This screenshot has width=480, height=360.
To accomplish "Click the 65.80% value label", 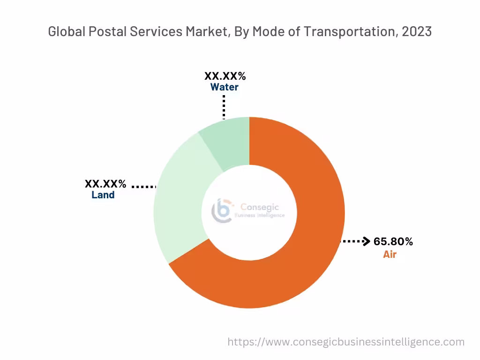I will click(x=393, y=242).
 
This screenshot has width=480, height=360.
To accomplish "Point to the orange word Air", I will click(x=390, y=255).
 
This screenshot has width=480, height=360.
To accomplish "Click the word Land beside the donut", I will click(x=103, y=195).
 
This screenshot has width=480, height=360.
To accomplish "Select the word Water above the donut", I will click(x=224, y=87).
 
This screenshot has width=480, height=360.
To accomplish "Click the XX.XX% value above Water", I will click(x=225, y=76).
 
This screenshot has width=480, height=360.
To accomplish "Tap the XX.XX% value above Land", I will click(x=105, y=183).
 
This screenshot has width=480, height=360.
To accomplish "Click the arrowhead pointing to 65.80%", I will click(x=367, y=241).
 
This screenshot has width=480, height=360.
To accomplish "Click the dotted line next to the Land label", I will click(x=143, y=187).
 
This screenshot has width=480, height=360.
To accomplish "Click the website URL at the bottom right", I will click(x=345, y=342).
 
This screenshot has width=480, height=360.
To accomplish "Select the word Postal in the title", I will click(x=103, y=32).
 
